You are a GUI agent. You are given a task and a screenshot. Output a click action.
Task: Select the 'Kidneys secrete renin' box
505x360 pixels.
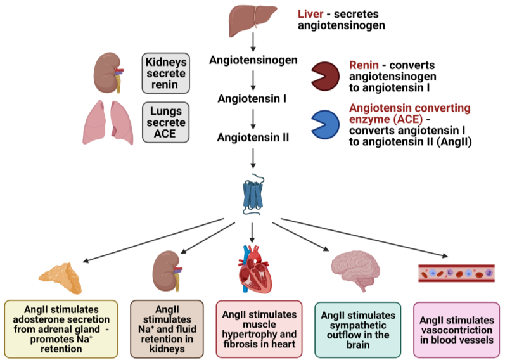(x=165, y=73)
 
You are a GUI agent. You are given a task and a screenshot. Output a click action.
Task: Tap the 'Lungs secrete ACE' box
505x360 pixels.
(x=165, y=122)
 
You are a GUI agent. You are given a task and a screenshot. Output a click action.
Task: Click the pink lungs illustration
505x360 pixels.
(x=110, y=122)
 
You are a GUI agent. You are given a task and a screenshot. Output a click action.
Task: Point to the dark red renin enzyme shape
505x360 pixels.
(x=325, y=77)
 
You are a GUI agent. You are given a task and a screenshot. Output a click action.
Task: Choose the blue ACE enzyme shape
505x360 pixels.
(x=325, y=124)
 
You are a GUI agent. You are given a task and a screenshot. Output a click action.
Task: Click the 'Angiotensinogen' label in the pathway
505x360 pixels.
(x=253, y=61)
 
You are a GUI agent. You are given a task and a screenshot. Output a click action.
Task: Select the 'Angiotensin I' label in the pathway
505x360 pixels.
(x=253, y=99)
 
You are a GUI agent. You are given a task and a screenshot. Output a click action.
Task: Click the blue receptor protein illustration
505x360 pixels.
(x=253, y=193)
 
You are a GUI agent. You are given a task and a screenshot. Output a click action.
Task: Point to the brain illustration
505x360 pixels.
(x=352, y=269)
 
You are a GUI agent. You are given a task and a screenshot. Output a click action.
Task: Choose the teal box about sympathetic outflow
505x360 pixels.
(x=357, y=329)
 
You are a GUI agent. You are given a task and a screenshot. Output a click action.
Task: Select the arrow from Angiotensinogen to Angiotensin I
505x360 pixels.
(x=253, y=80)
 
